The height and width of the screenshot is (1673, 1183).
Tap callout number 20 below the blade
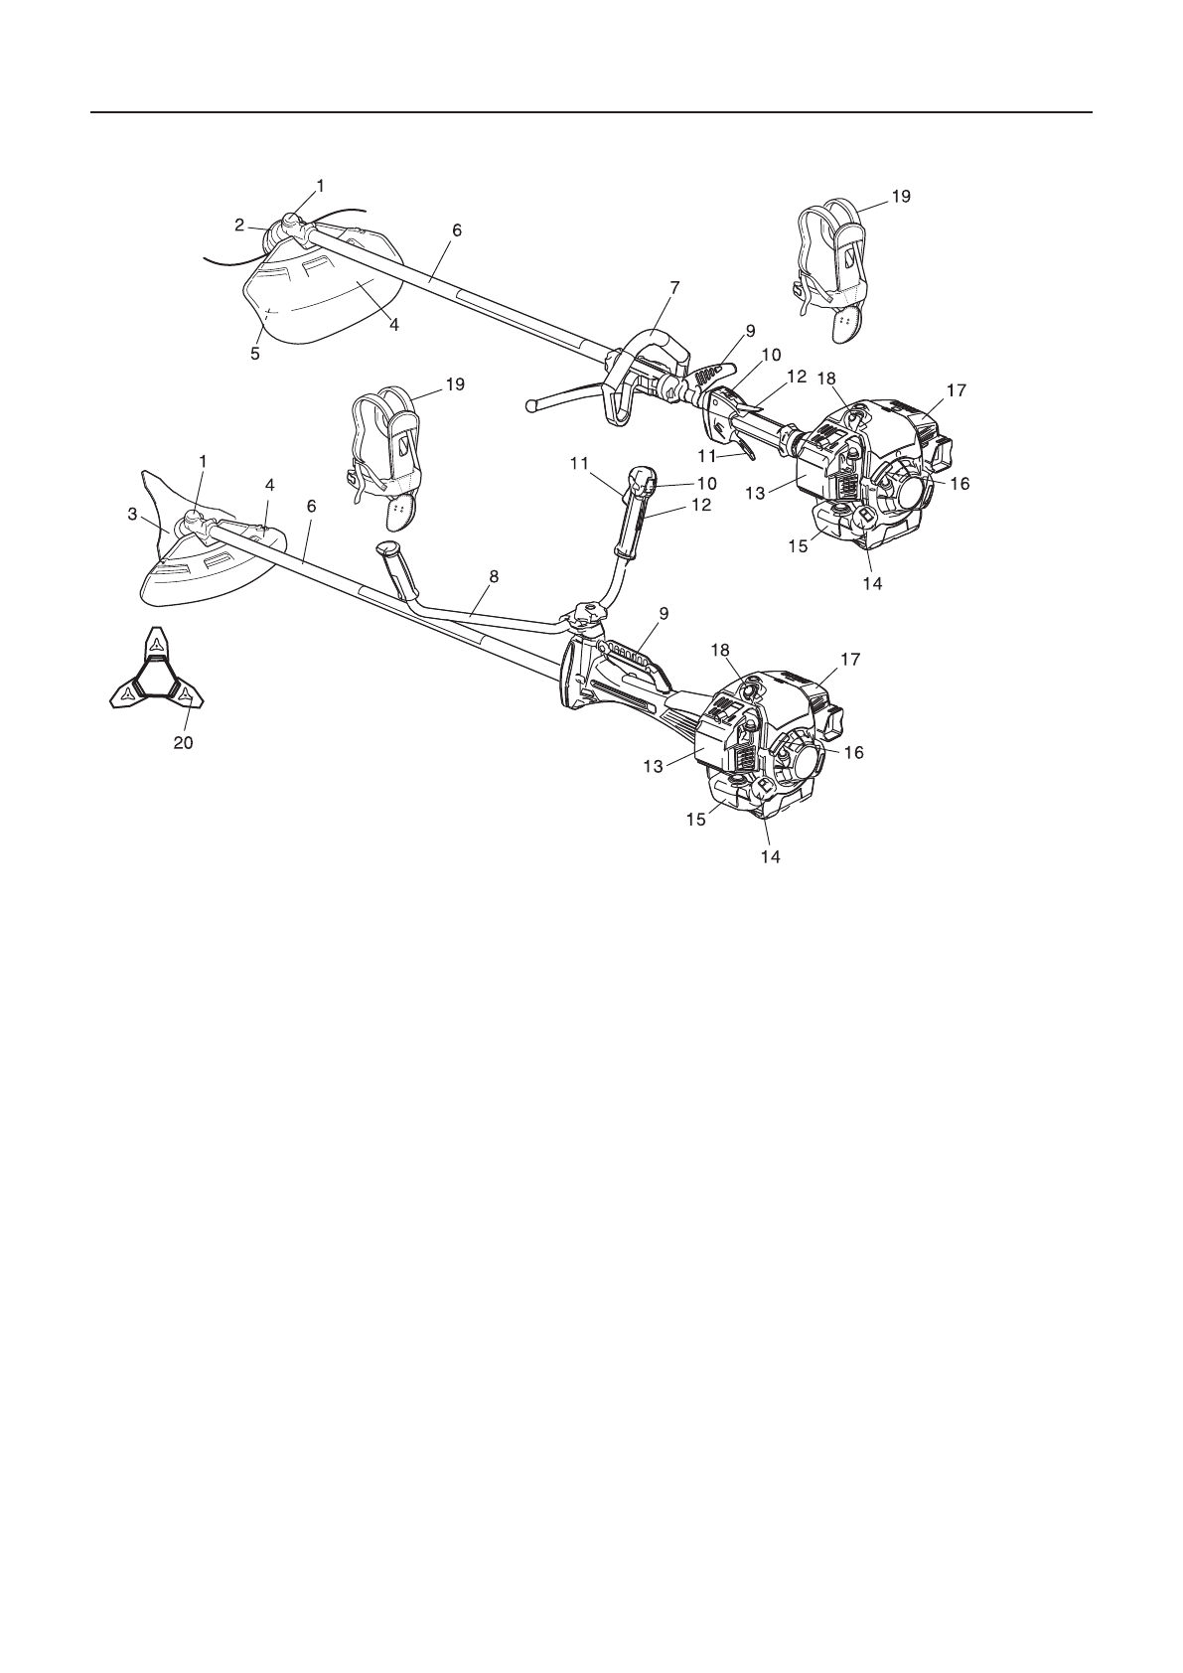(184, 742)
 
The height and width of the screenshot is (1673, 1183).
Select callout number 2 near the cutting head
(239, 225)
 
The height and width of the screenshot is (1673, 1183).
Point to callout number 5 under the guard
(255, 353)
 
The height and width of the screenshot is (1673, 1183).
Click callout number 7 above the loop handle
(675, 288)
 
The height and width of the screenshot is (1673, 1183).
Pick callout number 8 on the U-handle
(494, 575)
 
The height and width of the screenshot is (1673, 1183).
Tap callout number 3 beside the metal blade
(132, 514)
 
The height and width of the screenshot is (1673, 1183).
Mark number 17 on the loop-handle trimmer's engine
(956, 391)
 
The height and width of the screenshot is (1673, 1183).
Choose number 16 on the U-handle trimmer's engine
(853, 753)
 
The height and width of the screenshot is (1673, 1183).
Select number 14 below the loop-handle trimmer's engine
(871, 584)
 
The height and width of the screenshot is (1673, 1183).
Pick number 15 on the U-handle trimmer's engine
(695, 819)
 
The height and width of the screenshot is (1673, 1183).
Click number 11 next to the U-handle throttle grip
(580, 463)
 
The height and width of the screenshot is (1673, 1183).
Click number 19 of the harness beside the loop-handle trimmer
(900, 197)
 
